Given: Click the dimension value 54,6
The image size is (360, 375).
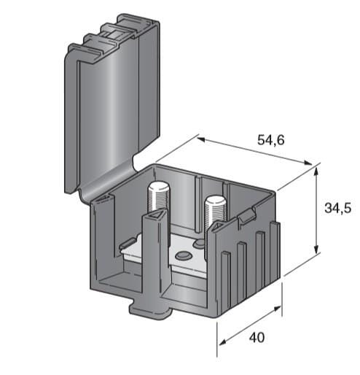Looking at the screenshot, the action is (270, 140).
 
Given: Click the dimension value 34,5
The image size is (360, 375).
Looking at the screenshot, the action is (337, 209).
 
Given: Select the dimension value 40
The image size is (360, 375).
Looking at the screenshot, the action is (257, 338).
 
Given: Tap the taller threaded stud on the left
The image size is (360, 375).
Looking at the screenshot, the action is (159, 198).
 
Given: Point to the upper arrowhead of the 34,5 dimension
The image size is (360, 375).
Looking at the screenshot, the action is (316, 171).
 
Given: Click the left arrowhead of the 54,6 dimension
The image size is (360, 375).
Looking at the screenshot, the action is (201, 139).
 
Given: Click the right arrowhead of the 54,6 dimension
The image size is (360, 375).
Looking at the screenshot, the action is (307, 163).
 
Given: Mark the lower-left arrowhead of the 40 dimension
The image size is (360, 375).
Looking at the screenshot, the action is (223, 341).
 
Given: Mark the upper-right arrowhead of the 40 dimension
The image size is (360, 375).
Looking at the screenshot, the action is (277, 309).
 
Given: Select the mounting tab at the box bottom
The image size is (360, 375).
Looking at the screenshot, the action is (150, 309).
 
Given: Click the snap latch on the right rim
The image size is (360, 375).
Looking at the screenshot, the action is (247, 214).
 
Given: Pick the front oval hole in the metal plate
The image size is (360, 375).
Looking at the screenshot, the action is (184, 255).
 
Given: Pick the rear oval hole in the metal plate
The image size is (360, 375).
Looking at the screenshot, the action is (200, 243).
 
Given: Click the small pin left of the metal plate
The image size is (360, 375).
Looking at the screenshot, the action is (127, 243).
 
